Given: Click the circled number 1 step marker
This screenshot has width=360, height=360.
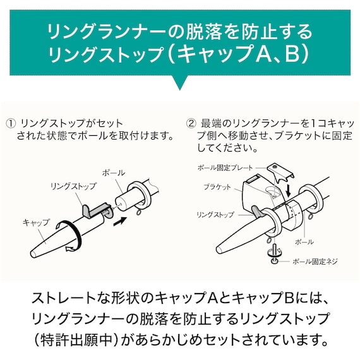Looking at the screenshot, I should coord(10,123).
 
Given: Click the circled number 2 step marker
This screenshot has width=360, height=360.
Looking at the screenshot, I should coord(191,123).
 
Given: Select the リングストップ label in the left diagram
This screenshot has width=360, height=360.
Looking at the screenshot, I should coord(73,186).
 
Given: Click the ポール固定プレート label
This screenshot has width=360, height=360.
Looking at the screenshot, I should coord(225,168).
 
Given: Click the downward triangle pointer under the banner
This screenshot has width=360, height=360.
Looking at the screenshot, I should coord(179,83).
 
